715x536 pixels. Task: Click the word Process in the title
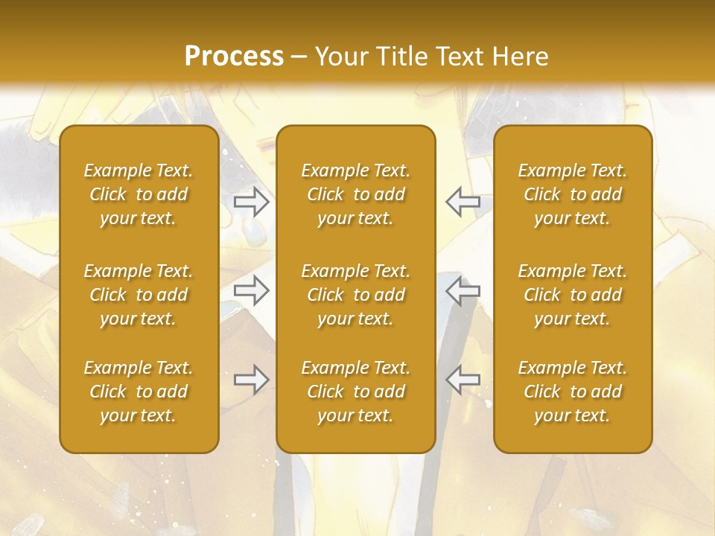234,57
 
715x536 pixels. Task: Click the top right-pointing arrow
252,202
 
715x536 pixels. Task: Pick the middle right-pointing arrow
252,290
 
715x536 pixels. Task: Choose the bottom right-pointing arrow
252,380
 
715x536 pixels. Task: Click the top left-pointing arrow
463,202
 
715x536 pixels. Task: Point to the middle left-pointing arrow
463,290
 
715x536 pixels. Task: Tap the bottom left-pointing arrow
463,380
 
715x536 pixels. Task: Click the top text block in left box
139,194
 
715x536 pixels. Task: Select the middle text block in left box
139,295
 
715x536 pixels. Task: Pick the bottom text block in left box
139,392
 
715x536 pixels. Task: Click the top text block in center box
356,194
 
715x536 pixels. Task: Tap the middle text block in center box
356,295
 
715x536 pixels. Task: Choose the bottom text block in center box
356,392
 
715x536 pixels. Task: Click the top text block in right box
573,194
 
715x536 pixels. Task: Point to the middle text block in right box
573,295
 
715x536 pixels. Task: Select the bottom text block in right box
573,392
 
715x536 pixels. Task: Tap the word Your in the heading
340,57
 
